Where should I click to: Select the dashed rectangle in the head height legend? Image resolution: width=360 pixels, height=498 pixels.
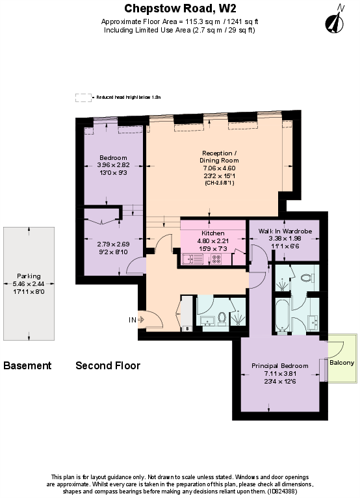point(83,98)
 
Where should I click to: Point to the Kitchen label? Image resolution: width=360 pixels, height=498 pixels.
point(213,233)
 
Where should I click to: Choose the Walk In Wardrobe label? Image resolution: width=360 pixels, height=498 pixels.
point(285,231)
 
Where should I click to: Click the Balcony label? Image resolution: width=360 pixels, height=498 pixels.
point(342,362)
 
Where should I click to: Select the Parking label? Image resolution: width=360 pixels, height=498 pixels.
point(29,276)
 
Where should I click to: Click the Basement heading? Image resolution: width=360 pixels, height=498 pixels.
point(27,365)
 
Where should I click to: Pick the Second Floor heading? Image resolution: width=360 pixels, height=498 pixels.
point(108,365)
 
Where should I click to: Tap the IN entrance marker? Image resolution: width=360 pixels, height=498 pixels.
point(133,320)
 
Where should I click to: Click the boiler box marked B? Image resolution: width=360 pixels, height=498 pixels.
point(188,328)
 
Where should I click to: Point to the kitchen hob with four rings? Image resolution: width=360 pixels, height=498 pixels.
point(216,259)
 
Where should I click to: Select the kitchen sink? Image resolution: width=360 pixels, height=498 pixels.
point(193,259)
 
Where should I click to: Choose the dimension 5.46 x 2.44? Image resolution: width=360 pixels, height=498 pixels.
point(29,283)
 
